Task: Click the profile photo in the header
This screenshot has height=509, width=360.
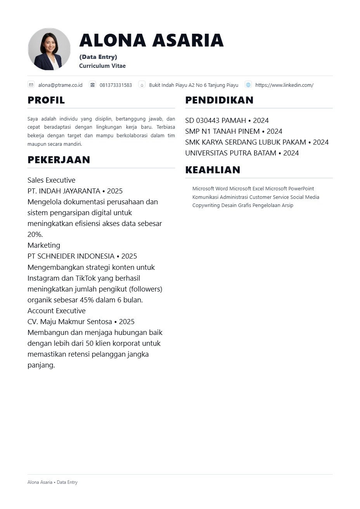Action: (49, 49)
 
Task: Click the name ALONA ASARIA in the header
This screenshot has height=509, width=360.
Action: (151, 40)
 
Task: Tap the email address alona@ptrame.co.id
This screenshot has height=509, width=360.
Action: (60, 85)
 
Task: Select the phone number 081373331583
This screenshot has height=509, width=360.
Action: (116, 85)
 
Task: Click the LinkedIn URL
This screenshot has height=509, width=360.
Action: (284, 85)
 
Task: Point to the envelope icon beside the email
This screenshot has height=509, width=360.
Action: (31, 85)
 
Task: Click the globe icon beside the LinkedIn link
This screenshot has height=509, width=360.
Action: (248, 85)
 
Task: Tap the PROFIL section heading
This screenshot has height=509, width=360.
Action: (46, 100)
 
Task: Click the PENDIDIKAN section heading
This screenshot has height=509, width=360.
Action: (219, 100)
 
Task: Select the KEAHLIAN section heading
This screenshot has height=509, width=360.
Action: (213, 170)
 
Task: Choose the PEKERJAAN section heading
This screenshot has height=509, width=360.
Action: (59, 160)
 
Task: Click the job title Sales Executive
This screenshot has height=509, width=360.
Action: (51, 180)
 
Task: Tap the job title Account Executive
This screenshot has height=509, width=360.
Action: (56, 311)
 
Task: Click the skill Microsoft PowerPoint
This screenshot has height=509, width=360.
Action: (289, 189)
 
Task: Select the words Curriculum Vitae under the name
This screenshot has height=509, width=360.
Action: (102, 66)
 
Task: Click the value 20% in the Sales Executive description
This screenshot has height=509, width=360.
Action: (35, 234)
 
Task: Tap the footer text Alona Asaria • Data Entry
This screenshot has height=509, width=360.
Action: (52, 482)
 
